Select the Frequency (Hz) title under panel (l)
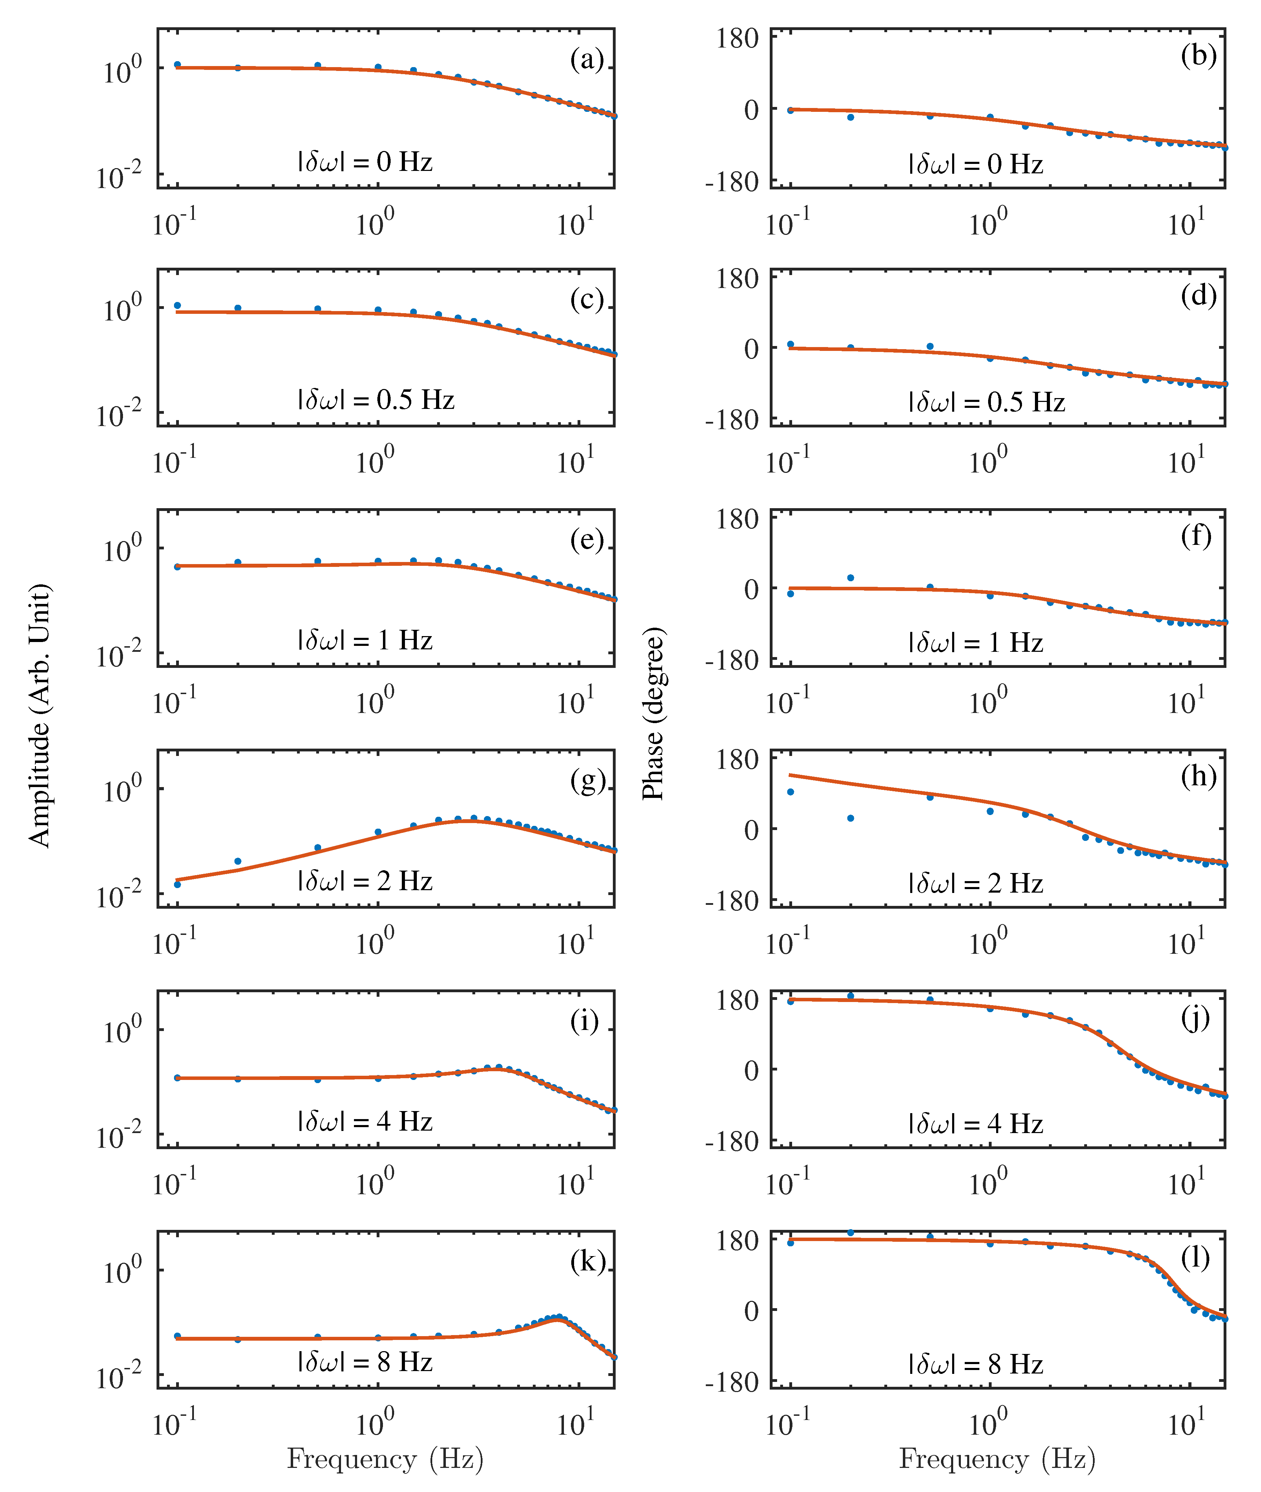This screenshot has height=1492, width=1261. pos(997,1459)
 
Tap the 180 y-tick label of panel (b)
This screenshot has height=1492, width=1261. pos(738,38)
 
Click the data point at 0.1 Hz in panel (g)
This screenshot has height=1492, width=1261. pos(177,884)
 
